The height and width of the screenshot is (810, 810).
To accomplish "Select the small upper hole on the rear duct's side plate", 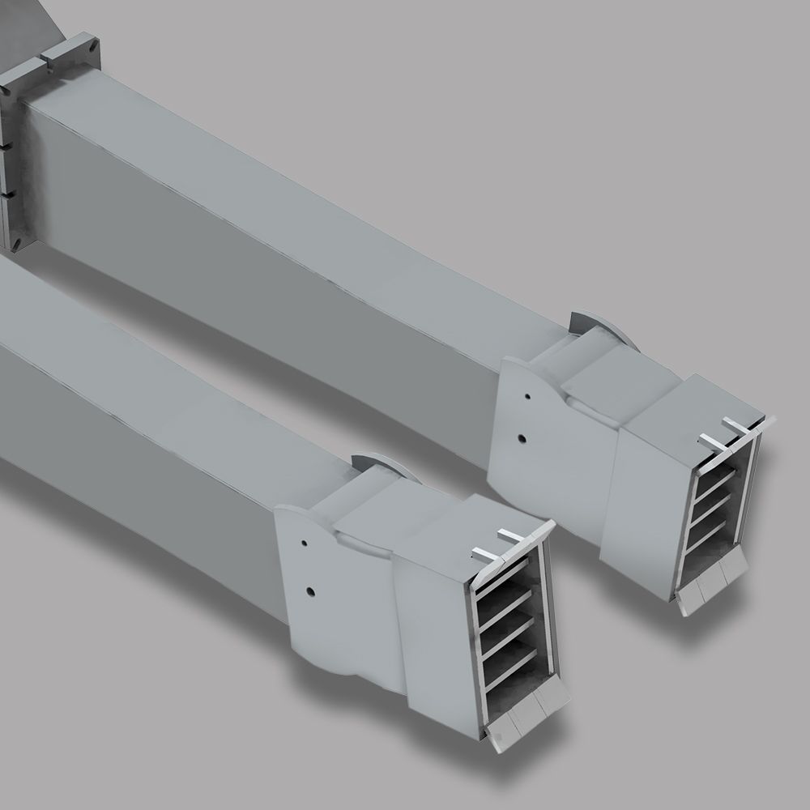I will click(527, 398).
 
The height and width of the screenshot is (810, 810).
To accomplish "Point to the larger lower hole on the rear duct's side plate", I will click(522, 438).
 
